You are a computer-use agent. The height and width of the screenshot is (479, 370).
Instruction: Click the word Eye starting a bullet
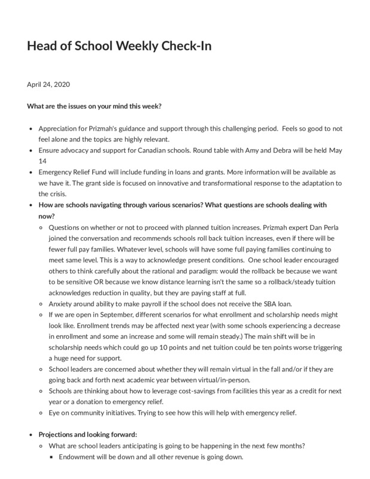[54, 413]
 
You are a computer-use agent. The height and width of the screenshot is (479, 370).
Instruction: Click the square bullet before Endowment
[52, 457]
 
